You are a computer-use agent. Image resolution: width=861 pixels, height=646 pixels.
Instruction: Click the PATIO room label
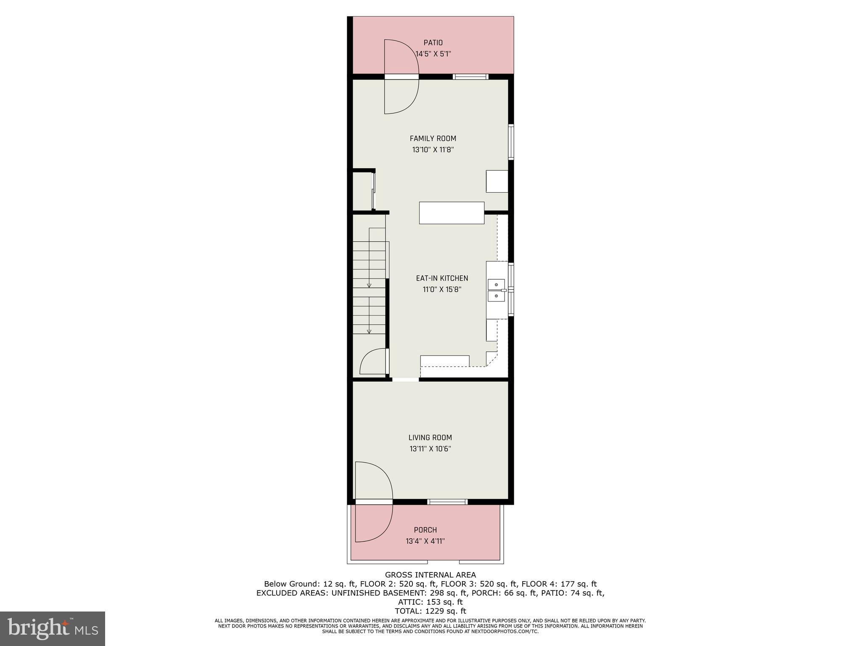(x=433, y=42)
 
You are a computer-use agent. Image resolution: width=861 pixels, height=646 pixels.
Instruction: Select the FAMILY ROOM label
(x=433, y=138)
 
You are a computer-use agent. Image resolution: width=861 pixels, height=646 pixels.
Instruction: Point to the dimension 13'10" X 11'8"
(x=433, y=150)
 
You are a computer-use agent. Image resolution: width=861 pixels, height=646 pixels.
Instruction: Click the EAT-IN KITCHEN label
(x=442, y=278)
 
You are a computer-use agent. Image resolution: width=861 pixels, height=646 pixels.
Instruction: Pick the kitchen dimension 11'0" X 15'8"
(x=442, y=289)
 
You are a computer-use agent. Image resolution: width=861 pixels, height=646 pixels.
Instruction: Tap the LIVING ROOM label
(x=430, y=437)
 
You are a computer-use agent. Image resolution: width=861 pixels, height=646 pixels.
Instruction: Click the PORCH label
(x=425, y=530)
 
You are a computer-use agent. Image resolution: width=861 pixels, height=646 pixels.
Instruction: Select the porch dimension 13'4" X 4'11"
(x=425, y=541)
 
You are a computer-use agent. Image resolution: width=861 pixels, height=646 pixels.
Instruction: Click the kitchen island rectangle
(x=452, y=213)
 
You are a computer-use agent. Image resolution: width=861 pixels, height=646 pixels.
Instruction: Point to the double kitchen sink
(x=496, y=291)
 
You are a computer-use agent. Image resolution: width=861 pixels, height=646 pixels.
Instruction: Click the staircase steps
(x=369, y=290)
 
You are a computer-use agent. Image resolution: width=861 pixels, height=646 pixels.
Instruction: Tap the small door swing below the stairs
(x=373, y=362)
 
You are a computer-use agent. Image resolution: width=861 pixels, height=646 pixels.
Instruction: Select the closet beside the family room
(x=362, y=191)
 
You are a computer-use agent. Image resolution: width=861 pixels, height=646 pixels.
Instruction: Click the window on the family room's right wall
(x=511, y=141)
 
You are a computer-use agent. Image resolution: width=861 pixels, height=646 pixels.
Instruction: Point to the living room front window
(x=447, y=501)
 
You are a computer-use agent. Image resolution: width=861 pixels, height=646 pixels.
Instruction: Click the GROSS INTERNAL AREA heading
(x=430, y=575)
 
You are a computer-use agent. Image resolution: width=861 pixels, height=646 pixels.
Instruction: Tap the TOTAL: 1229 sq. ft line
(x=430, y=611)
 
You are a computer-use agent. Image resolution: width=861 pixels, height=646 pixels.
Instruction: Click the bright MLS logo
(x=53, y=628)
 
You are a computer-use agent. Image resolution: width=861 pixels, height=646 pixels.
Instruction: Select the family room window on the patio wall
(x=470, y=77)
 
